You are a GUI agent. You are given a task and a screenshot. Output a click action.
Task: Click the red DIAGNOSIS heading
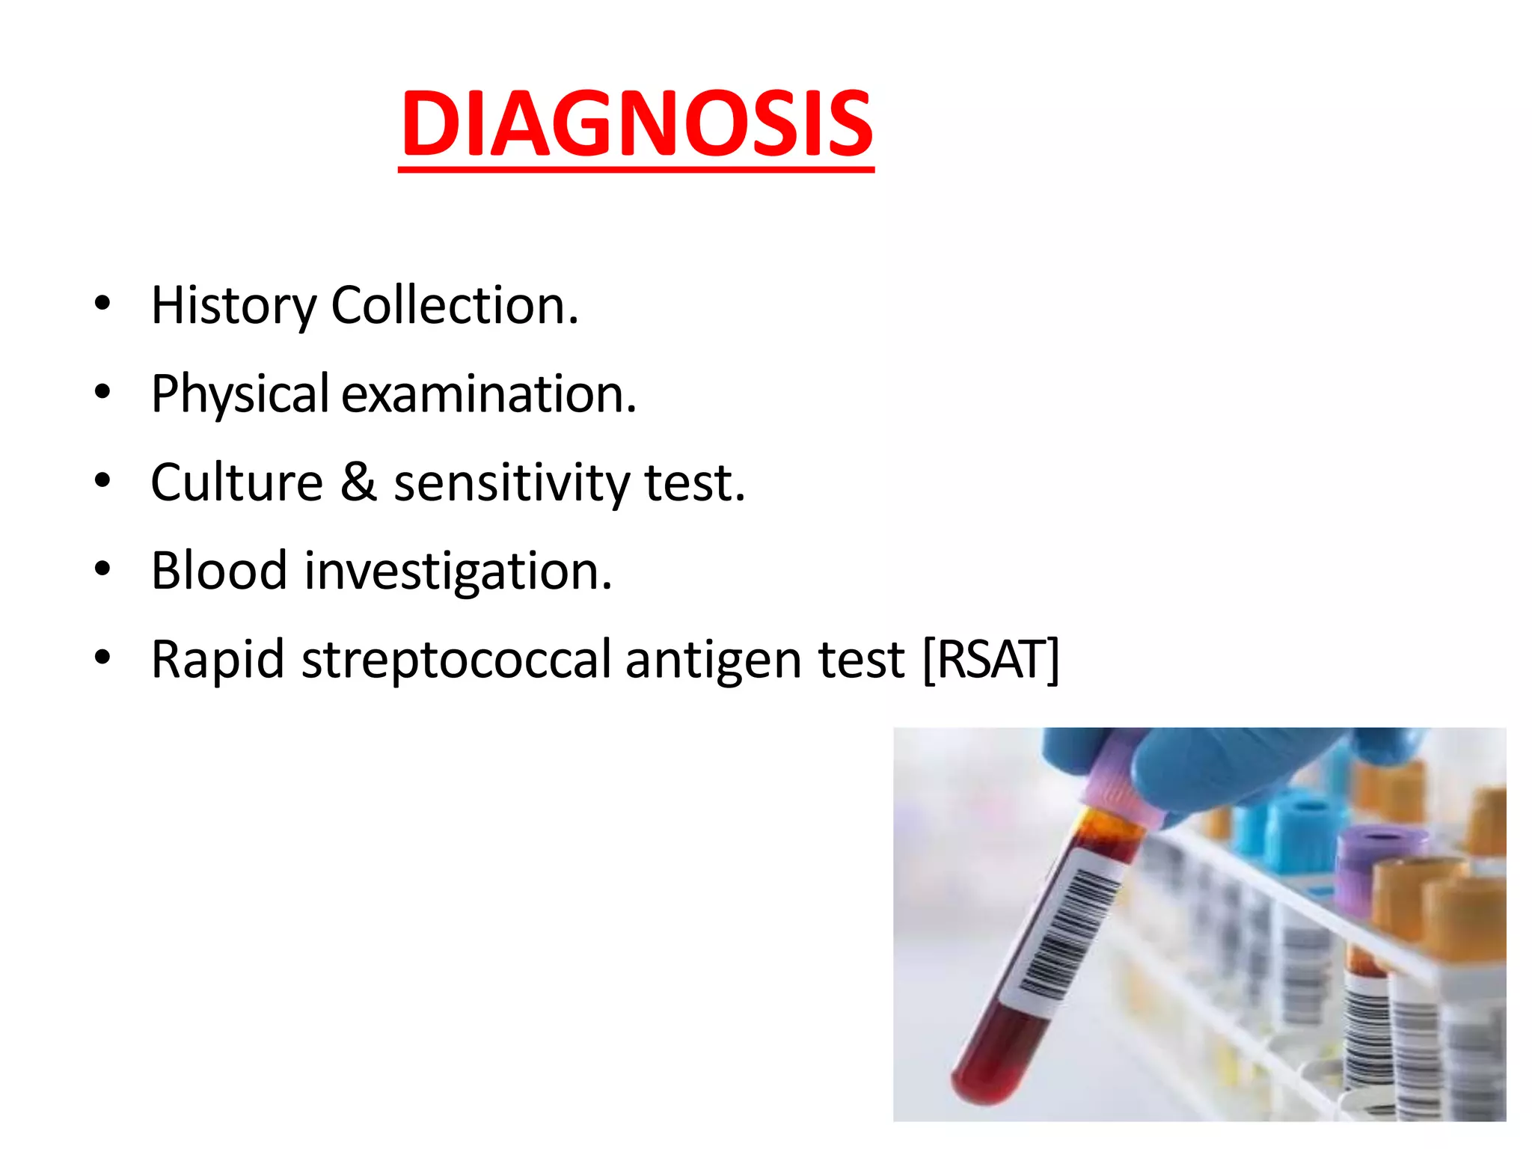click(637, 124)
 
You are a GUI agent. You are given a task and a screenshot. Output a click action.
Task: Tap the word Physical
click(239, 393)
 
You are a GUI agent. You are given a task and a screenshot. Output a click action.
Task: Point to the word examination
click(488, 393)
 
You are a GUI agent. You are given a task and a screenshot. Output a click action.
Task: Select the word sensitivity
click(512, 483)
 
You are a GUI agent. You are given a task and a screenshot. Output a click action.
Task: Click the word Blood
click(219, 570)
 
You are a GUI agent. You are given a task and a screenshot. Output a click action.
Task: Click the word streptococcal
click(456, 660)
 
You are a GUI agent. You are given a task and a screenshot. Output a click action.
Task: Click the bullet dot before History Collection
click(102, 303)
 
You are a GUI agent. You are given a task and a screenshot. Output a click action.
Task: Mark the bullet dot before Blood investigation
click(102, 569)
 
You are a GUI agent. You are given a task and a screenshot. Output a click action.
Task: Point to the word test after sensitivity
click(695, 483)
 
